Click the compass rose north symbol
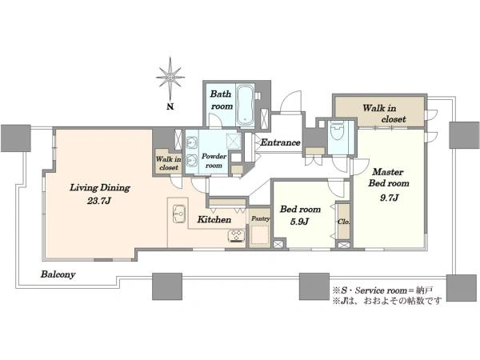point(170,78)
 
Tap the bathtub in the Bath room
point(246,104)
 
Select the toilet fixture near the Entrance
point(338,131)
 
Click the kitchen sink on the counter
point(179,214)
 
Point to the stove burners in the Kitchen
point(236,236)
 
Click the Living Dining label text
point(100,188)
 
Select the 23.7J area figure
point(99,201)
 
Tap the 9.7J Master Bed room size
point(389,198)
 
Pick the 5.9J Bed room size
point(299,222)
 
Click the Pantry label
point(261,218)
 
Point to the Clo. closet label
point(343,222)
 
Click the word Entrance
point(280,142)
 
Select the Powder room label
point(214,161)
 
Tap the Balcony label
point(58,274)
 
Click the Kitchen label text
point(214,219)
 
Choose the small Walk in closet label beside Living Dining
point(168,163)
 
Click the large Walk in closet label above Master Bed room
point(384,114)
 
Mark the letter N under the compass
point(170,106)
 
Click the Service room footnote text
point(382,290)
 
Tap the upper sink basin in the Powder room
point(192,143)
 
